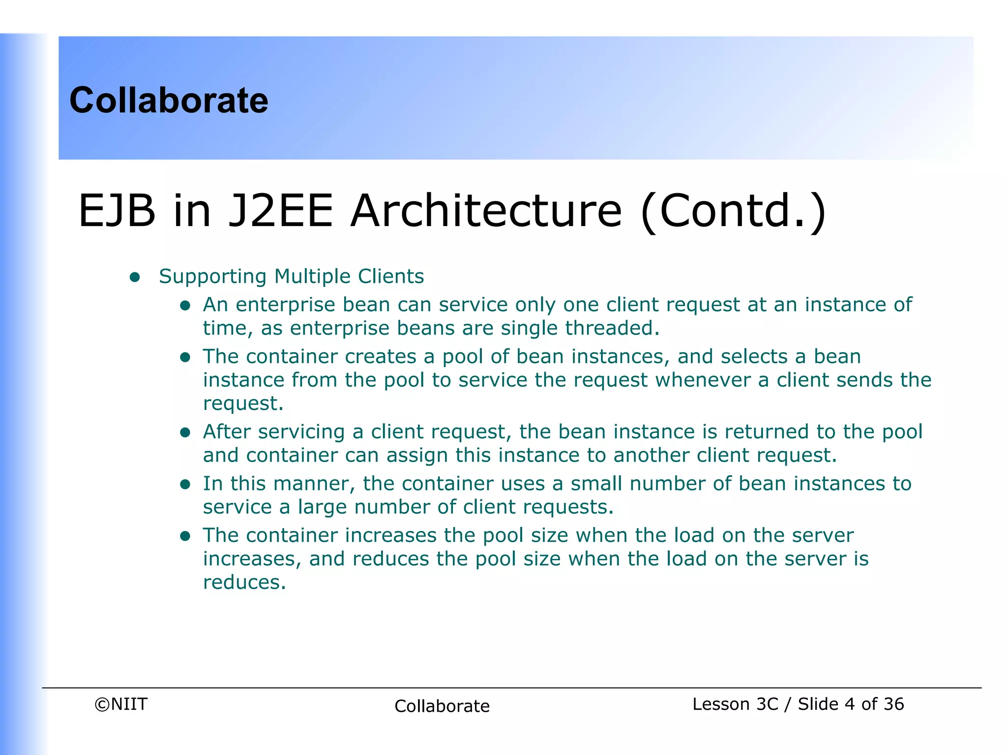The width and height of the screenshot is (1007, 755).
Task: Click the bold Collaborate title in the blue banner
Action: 169,100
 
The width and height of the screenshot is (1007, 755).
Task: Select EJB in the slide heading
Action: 117,211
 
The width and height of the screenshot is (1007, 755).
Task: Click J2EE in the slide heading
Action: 281,211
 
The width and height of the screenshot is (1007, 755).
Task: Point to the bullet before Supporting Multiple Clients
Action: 135,277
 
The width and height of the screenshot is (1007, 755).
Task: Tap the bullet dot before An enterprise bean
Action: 185,306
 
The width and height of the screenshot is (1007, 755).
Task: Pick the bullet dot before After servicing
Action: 185,433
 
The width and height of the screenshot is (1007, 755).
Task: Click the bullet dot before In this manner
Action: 185,485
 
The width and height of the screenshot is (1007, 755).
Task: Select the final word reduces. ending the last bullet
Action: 244,582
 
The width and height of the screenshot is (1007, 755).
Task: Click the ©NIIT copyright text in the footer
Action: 121,704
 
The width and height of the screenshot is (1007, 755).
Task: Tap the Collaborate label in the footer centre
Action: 442,706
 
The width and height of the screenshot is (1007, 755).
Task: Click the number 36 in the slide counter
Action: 893,704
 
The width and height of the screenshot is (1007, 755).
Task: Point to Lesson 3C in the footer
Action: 735,704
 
